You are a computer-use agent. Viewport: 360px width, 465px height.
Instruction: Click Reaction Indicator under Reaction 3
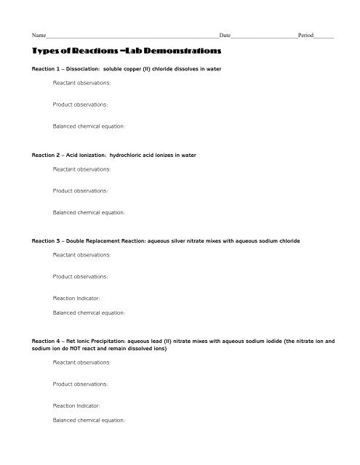pos(76,298)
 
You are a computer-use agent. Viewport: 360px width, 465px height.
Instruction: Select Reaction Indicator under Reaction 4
pos(76,405)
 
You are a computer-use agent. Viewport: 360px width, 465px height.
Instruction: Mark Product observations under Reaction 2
pos(80,191)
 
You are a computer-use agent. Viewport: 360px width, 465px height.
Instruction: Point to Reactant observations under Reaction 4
pos(82,362)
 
